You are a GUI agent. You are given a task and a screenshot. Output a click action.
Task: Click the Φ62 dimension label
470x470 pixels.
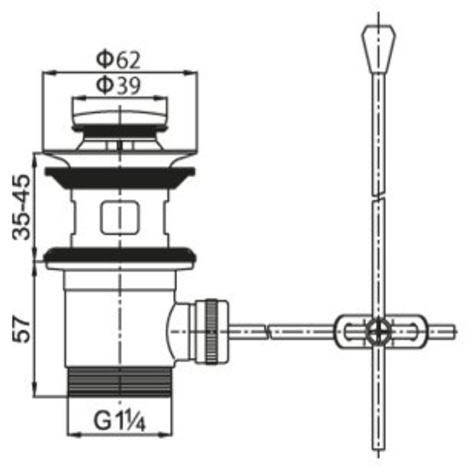click(118, 59)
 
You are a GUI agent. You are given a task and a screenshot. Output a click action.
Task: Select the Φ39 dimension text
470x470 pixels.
click(118, 85)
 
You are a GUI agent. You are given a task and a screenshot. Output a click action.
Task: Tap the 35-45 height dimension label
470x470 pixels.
click(22, 207)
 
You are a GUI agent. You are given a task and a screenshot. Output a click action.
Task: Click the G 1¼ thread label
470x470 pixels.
click(120, 421)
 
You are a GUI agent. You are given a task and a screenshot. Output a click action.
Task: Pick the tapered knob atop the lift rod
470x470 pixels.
click(378, 50)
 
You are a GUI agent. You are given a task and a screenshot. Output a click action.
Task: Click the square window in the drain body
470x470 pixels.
click(120, 217)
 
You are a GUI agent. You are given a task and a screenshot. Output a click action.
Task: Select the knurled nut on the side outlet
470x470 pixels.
click(212, 332)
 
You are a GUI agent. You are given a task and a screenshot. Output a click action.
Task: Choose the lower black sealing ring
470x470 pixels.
click(120, 254)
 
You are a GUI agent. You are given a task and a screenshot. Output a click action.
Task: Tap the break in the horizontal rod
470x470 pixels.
click(266, 332)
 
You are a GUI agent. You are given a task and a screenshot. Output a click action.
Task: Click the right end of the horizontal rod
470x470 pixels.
click(455, 332)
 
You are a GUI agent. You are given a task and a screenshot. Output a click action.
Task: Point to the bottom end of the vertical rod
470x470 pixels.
click(379, 449)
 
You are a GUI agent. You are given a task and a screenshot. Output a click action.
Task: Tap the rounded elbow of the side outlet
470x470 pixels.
click(177, 332)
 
